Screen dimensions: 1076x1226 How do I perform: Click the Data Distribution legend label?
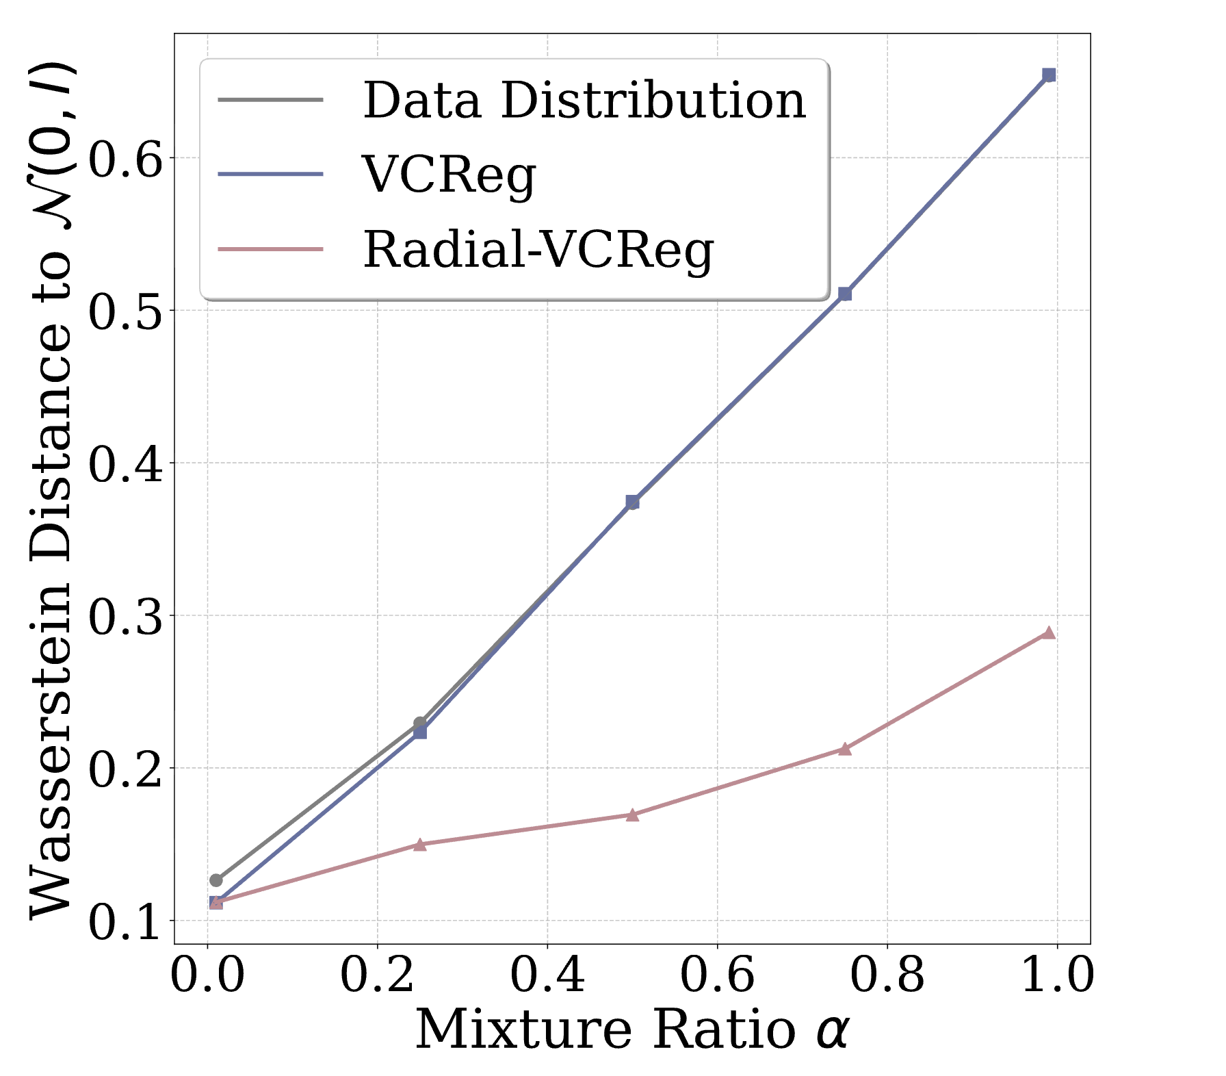click(x=584, y=101)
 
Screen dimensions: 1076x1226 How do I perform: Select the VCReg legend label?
click(x=449, y=175)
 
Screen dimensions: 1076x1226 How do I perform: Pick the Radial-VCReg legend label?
click(x=538, y=250)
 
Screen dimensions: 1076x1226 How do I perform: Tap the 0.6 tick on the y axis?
click(x=126, y=159)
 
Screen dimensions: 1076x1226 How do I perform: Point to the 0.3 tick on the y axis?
click(x=126, y=616)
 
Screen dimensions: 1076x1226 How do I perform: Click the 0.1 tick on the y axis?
click(x=126, y=921)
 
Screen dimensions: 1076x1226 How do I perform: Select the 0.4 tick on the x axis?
click(x=547, y=975)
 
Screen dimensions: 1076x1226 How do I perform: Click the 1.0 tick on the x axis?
click(x=1057, y=975)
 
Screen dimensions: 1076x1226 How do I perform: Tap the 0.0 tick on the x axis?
click(x=207, y=975)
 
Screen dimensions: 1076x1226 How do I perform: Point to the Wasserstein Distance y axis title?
click(x=51, y=489)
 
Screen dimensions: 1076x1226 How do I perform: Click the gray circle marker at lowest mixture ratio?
click(x=216, y=880)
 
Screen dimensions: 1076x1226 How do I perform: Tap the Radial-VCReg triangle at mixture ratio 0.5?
click(x=632, y=815)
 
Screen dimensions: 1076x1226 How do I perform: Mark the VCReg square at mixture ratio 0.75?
click(x=845, y=294)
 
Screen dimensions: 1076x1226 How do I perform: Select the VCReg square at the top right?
click(x=1049, y=75)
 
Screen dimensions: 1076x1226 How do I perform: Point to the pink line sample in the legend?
click(x=270, y=250)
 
